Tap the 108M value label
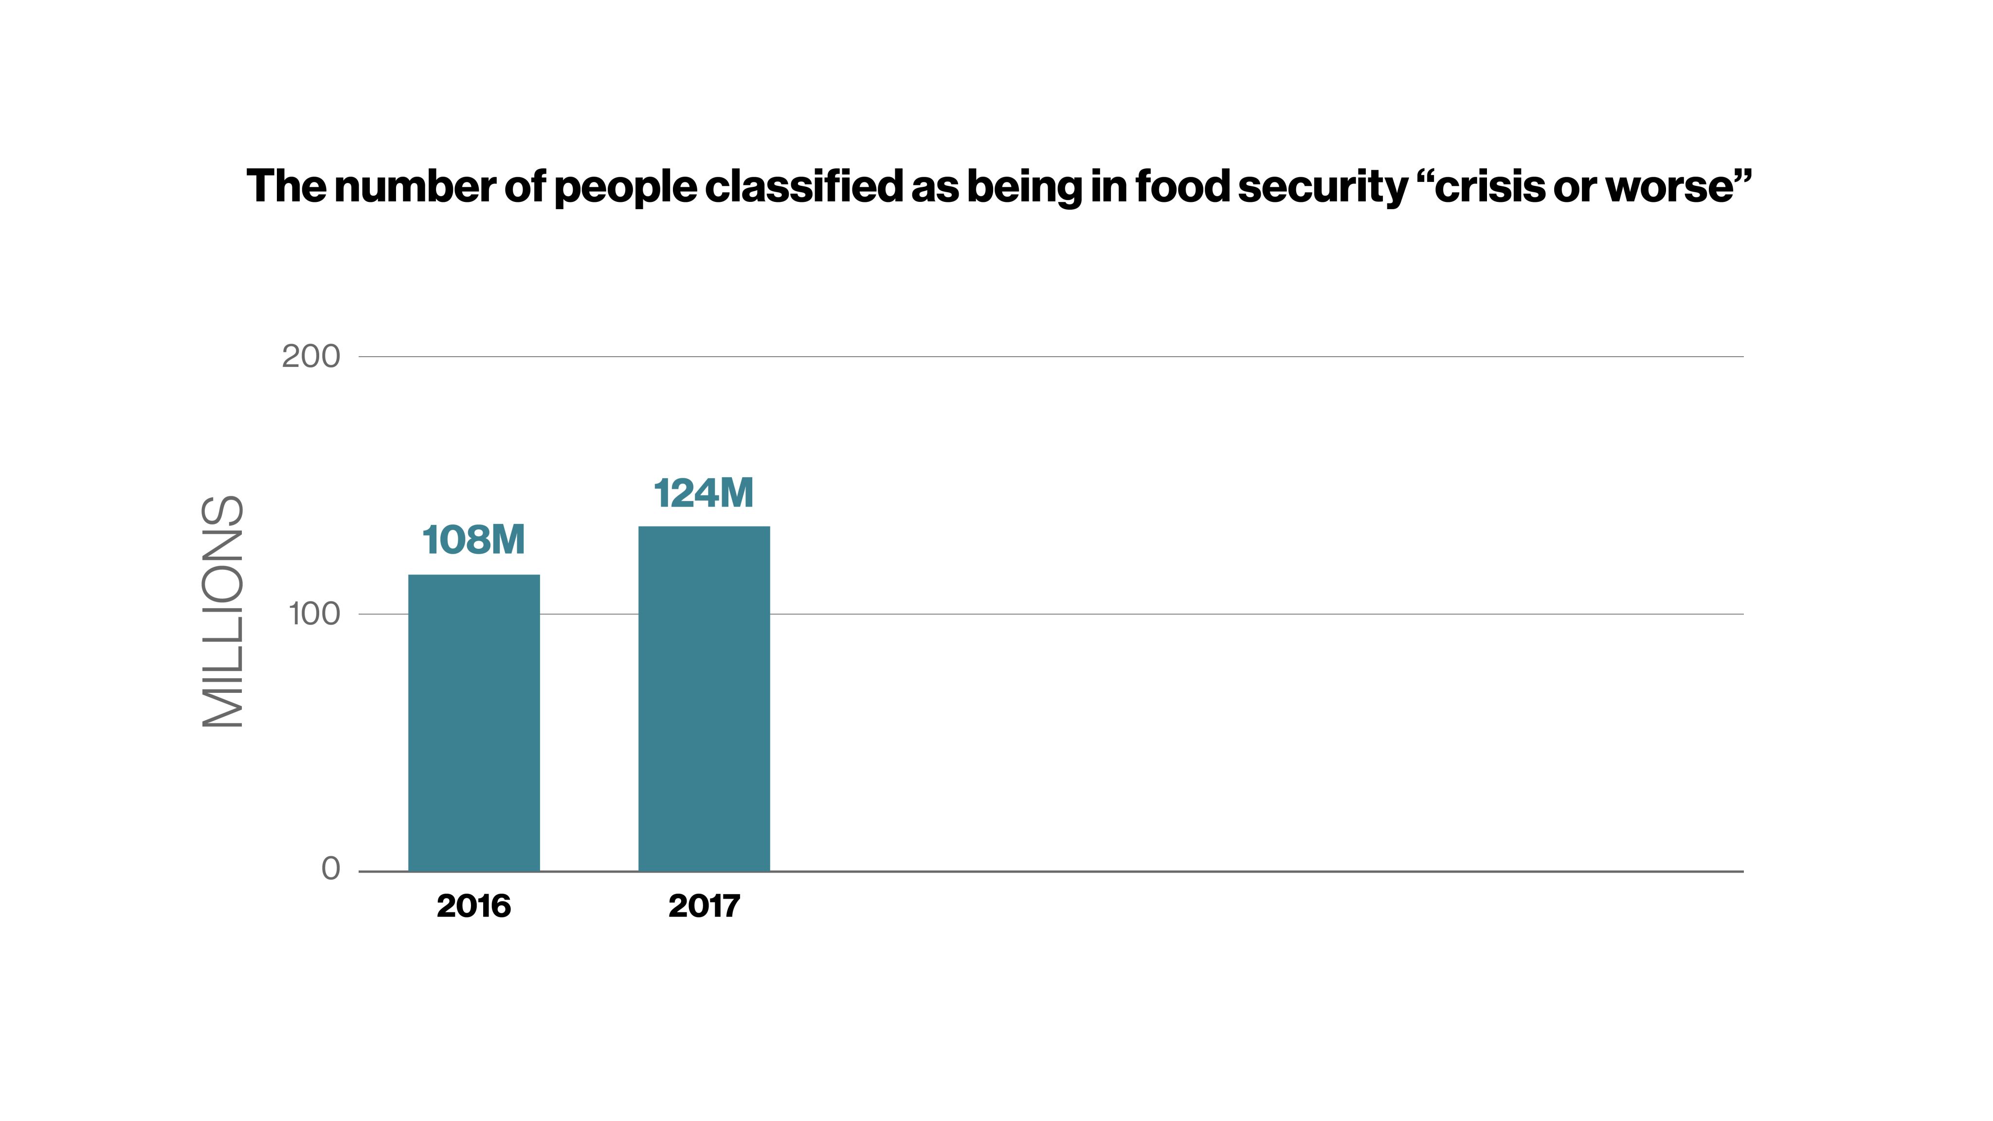tap(473, 540)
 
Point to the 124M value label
tap(703, 493)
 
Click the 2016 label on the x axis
tap(473, 906)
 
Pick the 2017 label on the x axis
tap(704, 906)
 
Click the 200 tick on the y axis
tap(310, 357)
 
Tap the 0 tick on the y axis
tap(330, 869)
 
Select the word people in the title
tap(625, 188)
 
